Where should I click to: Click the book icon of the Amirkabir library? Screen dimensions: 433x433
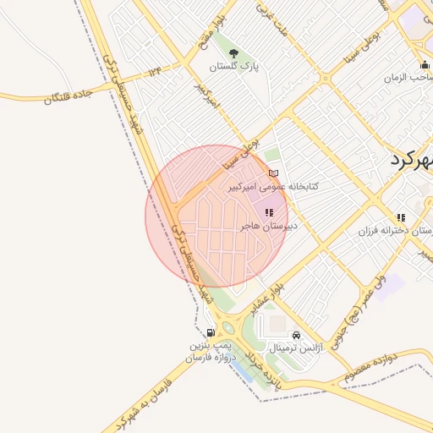(273, 173)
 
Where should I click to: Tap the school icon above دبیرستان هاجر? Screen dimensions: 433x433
(269, 214)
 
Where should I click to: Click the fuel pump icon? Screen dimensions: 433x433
(210, 334)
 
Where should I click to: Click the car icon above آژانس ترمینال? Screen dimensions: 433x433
(295, 335)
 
